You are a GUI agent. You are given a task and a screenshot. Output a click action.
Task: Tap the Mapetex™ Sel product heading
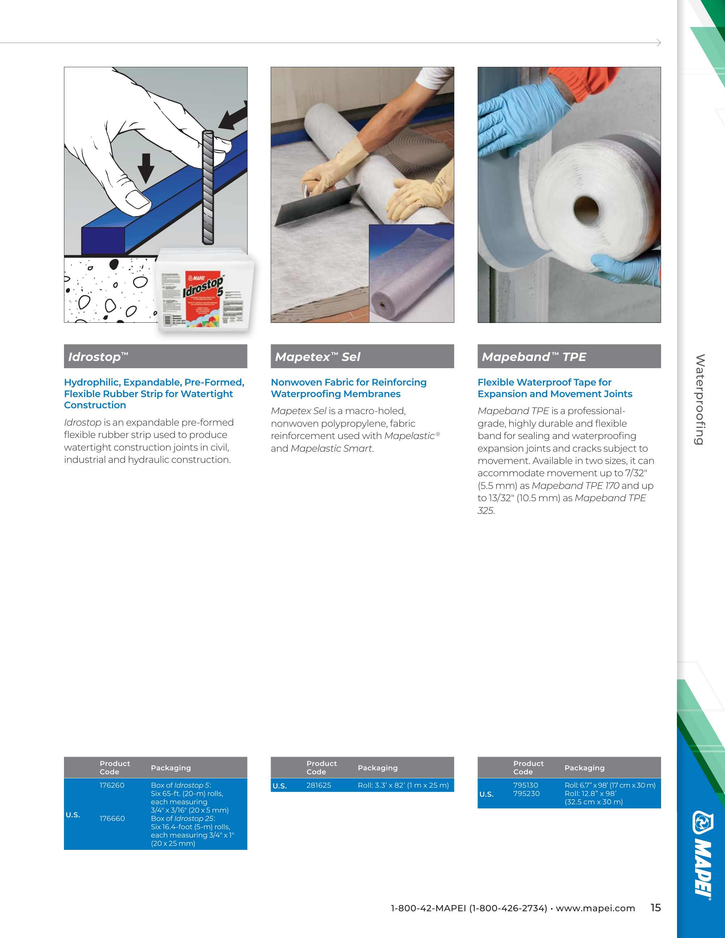point(317,357)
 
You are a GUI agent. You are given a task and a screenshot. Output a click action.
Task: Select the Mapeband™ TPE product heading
point(533,357)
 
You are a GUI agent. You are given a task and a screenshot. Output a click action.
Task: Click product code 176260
point(112,785)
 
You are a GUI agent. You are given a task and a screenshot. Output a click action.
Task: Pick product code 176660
point(112,818)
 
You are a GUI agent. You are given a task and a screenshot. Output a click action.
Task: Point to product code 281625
point(319,785)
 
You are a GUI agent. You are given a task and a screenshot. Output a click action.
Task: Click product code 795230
point(526,793)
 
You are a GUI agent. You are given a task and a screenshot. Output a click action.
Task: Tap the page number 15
point(655,908)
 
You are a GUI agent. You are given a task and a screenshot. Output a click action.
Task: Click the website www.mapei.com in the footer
point(595,908)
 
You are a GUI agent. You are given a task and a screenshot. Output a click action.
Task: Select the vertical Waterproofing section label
point(700,399)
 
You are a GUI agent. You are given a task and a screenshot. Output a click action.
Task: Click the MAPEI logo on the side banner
point(703,855)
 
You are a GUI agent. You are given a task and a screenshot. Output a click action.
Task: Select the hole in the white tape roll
point(586,209)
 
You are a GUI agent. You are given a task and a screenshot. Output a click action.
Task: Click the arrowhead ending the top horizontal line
point(658,43)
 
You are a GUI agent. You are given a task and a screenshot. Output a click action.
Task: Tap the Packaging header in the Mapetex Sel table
point(378,767)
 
